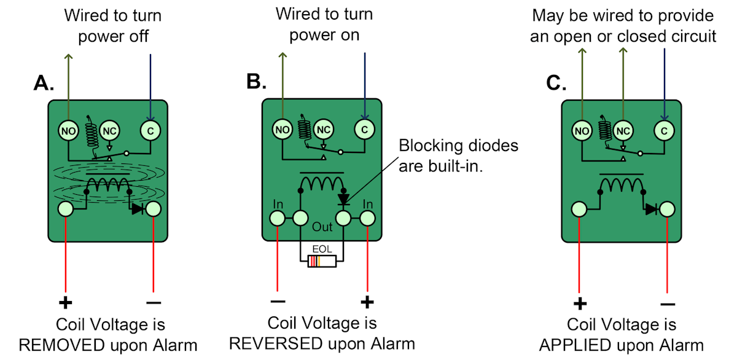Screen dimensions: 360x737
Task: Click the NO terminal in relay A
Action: [x=67, y=130]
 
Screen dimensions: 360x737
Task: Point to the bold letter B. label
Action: [x=259, y=81]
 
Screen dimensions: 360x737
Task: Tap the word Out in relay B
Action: [x=322, y=227]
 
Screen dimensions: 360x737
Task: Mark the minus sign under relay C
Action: [x=668, y=303]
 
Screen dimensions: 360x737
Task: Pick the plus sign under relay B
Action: [x=367, y=302]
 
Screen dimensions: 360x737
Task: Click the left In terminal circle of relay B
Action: [x=278, y=218]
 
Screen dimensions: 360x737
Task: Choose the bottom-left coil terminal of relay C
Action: [x=579, y=209]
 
